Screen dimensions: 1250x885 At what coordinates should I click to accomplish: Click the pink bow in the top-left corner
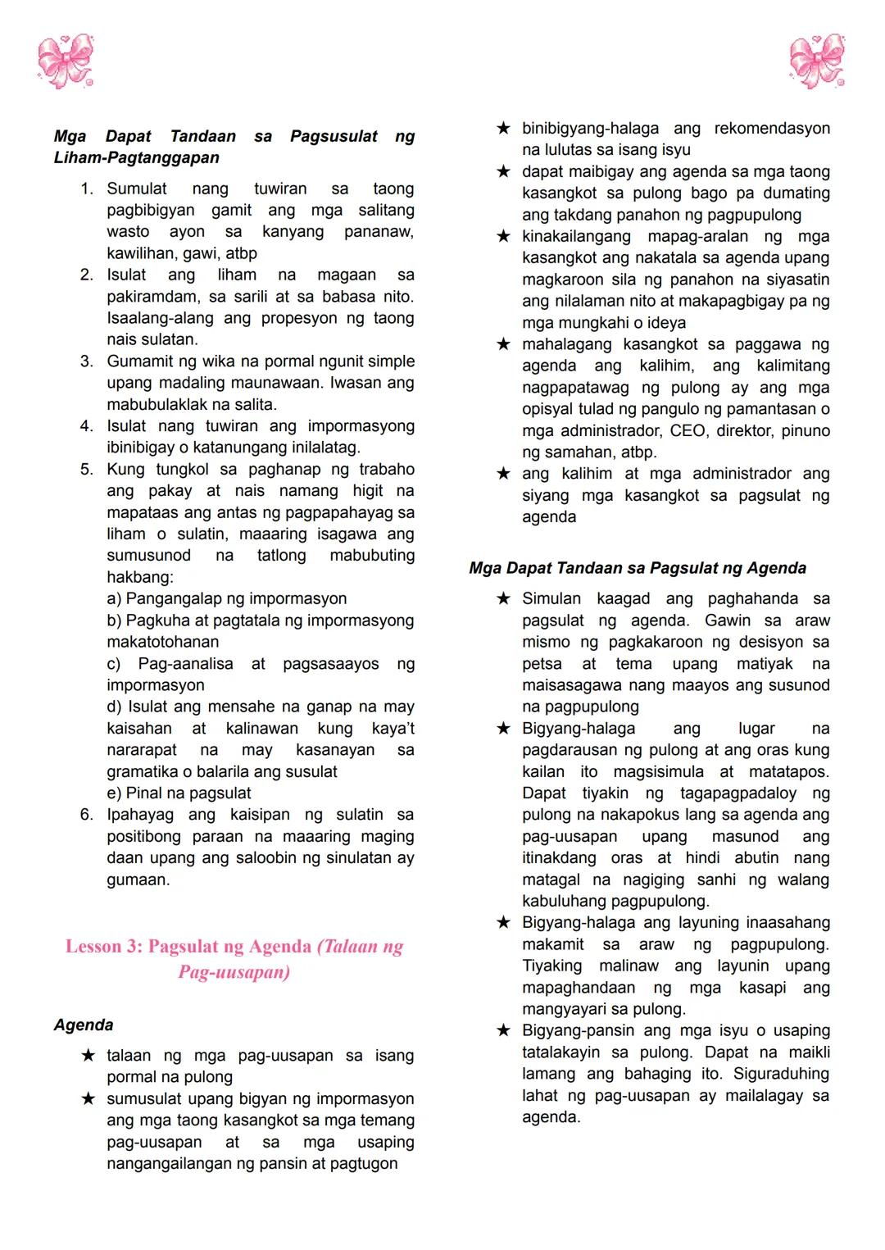tap(66, 61)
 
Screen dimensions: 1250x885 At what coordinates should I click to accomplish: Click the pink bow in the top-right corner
tap(817, 61)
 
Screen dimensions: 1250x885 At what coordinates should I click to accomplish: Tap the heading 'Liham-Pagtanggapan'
tap(137, 157)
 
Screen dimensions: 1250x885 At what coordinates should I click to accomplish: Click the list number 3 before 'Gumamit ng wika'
tap(87, 361)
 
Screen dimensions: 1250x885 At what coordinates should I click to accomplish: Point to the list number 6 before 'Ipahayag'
tap(87, 815)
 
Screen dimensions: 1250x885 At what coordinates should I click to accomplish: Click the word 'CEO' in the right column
tap(688, 430)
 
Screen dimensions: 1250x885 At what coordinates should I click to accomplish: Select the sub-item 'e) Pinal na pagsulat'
tap(179, 793)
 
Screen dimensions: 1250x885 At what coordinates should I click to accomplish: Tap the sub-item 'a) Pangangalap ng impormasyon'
tap(226, 598)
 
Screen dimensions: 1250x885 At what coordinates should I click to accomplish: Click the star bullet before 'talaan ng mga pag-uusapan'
tap(88, 1055)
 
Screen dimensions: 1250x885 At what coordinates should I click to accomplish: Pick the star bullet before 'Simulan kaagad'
tap(503, 598)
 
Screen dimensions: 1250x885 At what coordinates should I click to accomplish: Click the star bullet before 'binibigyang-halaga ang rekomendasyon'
tap(503, 128)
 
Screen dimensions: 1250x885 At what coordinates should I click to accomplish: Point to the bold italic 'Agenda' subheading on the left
tap(84, 1025)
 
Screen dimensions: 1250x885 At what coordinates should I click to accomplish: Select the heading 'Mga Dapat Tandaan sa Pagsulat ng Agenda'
tap(638, 568)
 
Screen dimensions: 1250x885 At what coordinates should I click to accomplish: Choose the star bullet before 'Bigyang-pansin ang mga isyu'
tap(503, 1030)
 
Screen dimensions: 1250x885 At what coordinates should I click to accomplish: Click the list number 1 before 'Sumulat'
tap(87, 189)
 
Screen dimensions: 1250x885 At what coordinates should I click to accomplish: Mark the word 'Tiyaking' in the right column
tap(552, 966)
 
